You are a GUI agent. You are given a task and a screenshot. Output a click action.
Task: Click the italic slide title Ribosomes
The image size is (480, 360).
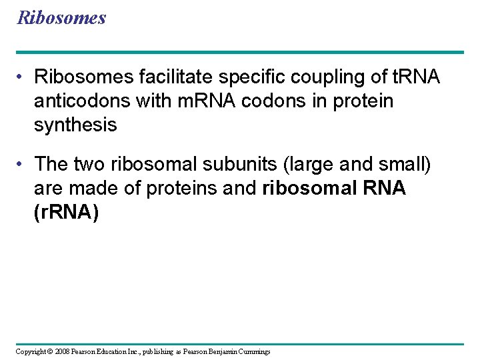point(61,17)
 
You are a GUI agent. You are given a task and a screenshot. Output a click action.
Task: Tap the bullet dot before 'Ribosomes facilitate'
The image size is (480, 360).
point(22,78)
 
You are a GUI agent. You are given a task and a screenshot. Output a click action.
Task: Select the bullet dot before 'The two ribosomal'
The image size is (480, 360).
point(22,164)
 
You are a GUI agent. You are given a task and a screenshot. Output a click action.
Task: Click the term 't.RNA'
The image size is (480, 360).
point(414,77)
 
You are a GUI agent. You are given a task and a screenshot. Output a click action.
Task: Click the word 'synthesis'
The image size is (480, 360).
point(75,125)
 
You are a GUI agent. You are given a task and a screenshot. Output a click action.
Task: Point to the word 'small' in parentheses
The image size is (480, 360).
point(408,163)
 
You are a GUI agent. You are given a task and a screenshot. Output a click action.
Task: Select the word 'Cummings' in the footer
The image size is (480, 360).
point(254,351)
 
